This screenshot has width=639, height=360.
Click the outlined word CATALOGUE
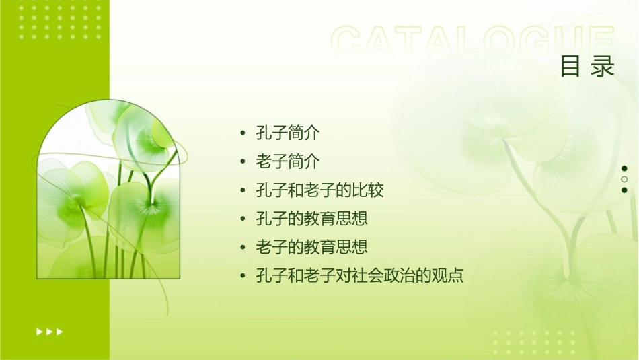click(x=474, y=42)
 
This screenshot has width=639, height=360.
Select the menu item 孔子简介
click(x=288, y=133)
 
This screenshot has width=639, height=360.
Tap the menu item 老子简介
click(x=288, y=161)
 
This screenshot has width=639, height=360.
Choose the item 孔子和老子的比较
click(x=319, y=190)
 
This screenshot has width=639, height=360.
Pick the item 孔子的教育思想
click(x=311, y=218)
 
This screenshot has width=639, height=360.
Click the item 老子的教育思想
click(x=311, y=247)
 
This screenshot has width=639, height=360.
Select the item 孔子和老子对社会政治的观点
click(x=360, y=276)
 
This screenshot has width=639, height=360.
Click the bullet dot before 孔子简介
click(x=243, y=133)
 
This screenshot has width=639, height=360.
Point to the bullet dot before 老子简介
click(x=243, y=161)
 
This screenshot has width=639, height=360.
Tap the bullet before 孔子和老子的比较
click(x=243, y=190)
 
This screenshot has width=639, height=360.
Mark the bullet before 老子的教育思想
click(x=243, y=248)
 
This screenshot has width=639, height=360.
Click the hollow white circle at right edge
click(x=624, y=179)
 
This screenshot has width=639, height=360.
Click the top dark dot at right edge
click(x=624, y=168)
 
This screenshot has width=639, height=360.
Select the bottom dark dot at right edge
click(x=624, y=190)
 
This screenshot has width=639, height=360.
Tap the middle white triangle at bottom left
click(x=49, y=331)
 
